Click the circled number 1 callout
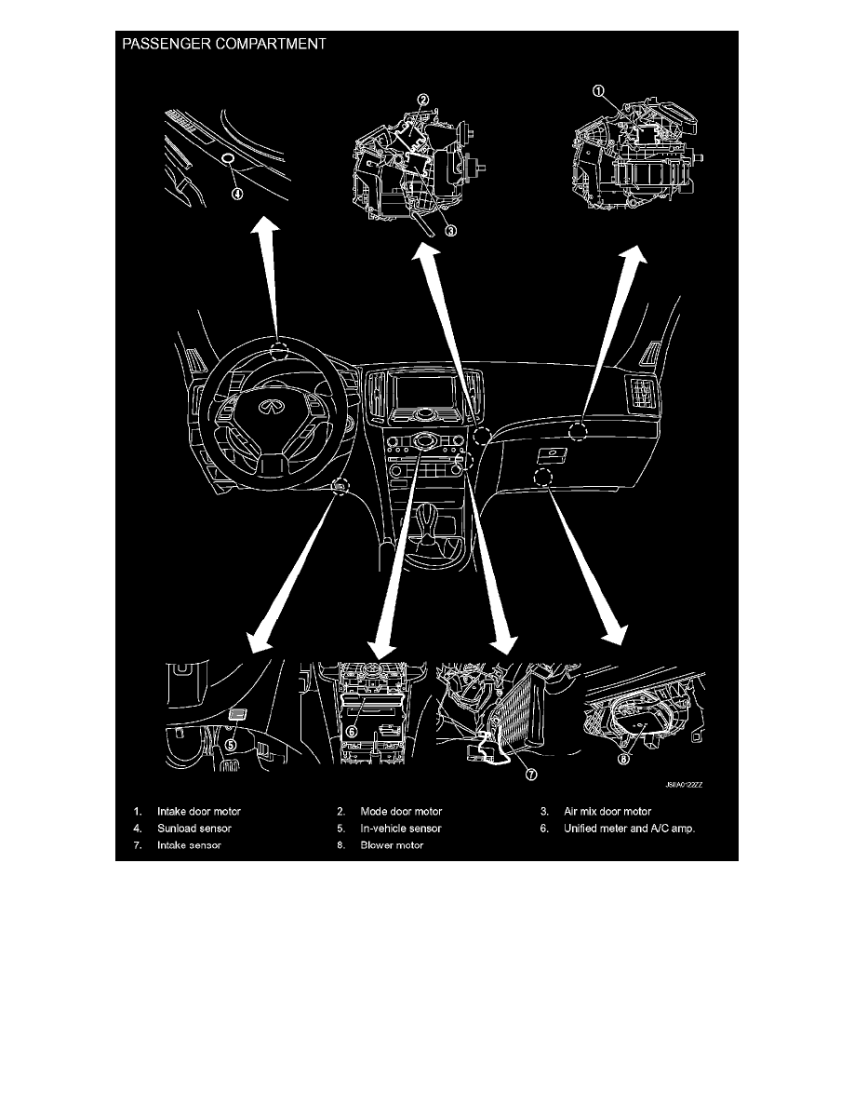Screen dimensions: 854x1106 (x=597, y=91)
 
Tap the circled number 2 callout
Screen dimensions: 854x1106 (x=422, y=101)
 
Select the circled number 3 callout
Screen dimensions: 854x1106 (x=451, y=230)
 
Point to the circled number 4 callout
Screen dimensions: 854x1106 (x=237, y=194)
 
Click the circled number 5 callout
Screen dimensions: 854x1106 (x=231, y=744)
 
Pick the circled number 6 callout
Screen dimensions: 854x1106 (x=351, y=732)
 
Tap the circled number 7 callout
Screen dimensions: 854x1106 (x=531, y=775)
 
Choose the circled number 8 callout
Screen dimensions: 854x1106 (x=623, y=759)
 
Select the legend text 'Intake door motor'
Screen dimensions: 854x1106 (x=199, y=811)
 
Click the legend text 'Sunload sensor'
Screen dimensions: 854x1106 (x=193, y=828)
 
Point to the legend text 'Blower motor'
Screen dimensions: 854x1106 (x=392, y=845)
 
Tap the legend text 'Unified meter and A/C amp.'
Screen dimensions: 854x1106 (x=629, y=828)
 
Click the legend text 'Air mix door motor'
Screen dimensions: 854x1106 (x=607, y=811)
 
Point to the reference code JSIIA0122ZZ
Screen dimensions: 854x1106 (x=684, y=785)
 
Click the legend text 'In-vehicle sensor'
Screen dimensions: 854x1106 (x=401, y=828)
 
